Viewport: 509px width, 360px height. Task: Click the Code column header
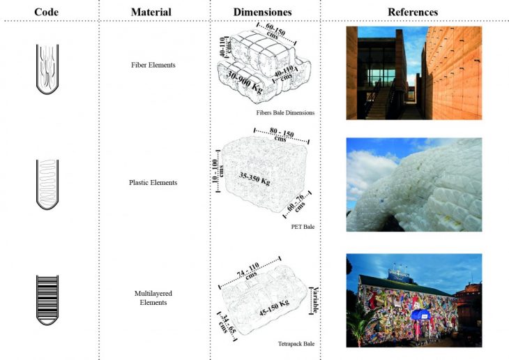tap(46, 12)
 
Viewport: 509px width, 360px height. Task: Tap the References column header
tap(413, 12)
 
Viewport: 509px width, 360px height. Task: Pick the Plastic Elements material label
tap(153, 183)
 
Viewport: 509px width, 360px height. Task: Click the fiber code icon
tap(47, 68)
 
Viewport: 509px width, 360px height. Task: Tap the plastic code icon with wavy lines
tap(47, 183)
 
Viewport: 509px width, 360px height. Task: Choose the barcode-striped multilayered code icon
tap(47, 299)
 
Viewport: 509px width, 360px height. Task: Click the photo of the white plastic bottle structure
tap(413, 184)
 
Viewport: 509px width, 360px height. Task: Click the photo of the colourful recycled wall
tap(413, 300)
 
